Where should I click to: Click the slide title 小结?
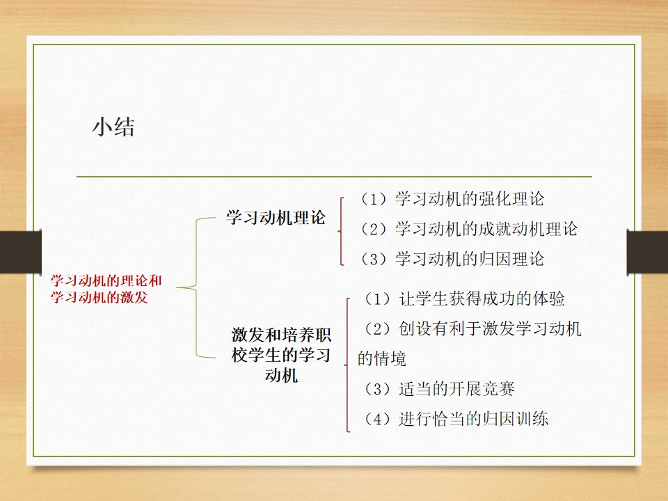pos(113,127)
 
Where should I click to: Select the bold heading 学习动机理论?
pos(276,217)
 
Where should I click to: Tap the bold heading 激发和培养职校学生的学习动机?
pos(281,355)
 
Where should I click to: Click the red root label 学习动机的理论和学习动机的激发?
pos(106,289)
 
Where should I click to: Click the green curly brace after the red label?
pos(197,287)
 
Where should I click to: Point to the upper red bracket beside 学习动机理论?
pos(341,231)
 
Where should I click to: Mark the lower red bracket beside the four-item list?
pos(348,365)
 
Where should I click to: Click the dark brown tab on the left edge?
pos(21,252)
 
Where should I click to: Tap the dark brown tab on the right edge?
pos(647,252)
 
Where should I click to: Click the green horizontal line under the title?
pos(335,176)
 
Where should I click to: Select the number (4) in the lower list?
pos(378,419)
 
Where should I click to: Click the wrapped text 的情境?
pos(382,359)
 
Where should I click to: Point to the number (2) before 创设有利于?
pos(378,329)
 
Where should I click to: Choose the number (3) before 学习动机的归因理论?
pos(374,259)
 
